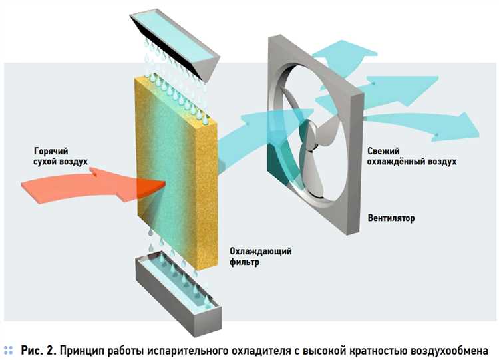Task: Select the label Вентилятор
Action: [391, 218]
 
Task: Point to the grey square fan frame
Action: [349, 213]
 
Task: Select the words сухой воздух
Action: [61, 161]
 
